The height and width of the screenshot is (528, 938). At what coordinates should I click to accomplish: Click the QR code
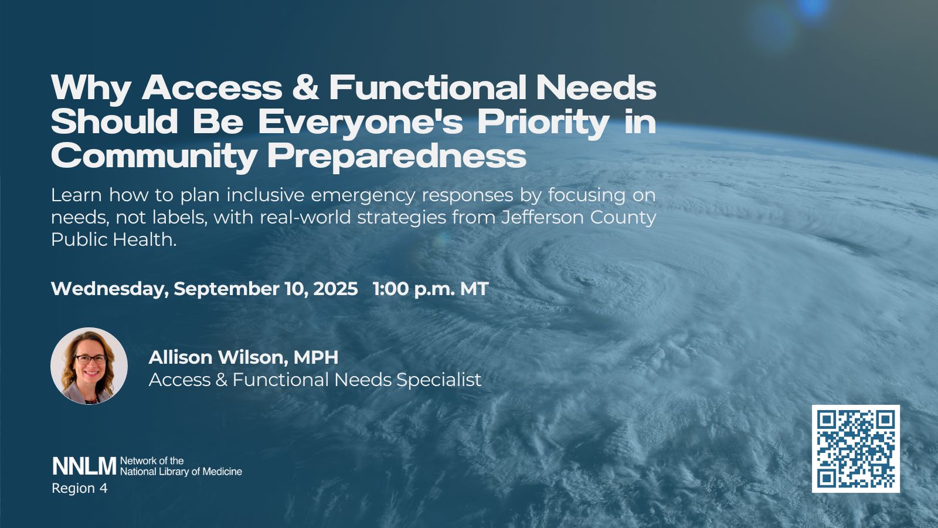coord(855,448)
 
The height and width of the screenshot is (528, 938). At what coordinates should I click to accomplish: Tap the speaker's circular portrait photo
coord(89,366)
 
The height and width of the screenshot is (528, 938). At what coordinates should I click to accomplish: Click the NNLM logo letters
coord(84,466)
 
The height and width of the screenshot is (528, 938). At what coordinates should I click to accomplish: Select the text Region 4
coord(80,488)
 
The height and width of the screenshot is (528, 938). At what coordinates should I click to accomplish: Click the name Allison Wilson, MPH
coord(243,357)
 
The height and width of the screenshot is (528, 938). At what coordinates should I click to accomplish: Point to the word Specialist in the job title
coord(439,380)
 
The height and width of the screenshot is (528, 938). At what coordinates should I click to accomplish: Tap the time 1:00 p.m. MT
coord(430,289)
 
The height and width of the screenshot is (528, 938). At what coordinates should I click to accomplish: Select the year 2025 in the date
coord(335,289)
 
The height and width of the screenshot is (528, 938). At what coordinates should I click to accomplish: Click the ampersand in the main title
coord(305,87)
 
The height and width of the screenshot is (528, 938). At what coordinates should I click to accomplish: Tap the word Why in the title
coord(91,89)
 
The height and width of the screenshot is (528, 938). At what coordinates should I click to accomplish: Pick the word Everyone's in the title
coord(361,123)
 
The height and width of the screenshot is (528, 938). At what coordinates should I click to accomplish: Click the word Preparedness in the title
coord(396,156)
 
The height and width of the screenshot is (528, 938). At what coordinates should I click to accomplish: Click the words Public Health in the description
coord(114,239)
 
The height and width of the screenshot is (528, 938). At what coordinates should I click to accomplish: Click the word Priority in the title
coord(543,123)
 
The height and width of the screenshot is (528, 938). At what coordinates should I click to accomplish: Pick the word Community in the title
coord(154,156)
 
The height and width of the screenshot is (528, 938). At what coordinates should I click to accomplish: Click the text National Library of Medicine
coord(181,472)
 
